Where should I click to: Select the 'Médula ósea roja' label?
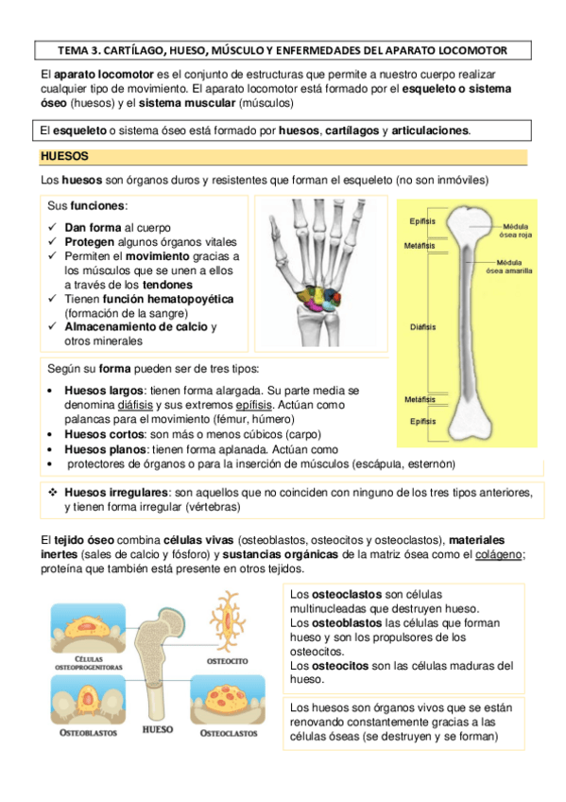click(516, 233)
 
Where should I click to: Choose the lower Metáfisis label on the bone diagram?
click(420, 399)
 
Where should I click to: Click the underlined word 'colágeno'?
click(502, 555)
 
